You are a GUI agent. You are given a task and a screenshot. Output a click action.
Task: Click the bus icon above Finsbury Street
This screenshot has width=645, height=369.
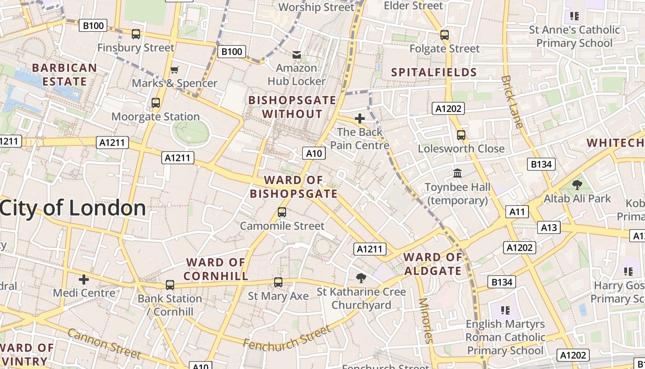[136, 34]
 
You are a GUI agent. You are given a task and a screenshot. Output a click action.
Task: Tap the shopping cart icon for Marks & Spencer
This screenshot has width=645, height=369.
[174, 70]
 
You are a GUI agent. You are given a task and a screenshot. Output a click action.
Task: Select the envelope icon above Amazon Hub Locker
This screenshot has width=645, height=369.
[297, 55]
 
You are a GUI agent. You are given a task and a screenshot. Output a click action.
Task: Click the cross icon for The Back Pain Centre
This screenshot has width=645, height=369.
[359, 119]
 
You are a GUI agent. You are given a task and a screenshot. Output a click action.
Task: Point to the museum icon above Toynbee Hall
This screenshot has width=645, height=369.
[457, 173]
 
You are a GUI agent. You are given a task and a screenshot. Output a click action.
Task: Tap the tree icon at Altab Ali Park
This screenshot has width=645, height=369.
[577, 185]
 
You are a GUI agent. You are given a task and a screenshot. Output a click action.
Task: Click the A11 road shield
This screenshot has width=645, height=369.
[517, 212]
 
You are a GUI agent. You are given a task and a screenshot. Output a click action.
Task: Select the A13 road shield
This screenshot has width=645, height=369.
[549, 227]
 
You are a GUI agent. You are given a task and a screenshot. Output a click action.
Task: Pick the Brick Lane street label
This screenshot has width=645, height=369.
[512, 101]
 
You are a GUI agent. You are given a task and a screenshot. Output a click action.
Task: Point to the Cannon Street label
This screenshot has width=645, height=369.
[104, 343]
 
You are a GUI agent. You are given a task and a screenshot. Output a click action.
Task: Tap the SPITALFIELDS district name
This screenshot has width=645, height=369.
[434, 72]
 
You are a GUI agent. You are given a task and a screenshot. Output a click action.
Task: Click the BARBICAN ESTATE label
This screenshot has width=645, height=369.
[64, 75]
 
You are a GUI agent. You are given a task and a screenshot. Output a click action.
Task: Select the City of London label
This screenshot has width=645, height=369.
[73, 208]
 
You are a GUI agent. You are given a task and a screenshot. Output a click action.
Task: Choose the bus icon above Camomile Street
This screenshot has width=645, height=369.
[282, 212]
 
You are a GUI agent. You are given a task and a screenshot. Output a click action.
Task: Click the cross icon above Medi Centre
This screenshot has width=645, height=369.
[83, 279]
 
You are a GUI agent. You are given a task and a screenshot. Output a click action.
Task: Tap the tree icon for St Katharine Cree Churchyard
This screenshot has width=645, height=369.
[361, 278]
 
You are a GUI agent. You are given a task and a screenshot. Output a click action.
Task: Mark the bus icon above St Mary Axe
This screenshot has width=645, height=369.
[278, 282]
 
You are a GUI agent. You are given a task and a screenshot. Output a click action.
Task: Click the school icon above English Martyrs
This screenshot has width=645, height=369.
[505, 310]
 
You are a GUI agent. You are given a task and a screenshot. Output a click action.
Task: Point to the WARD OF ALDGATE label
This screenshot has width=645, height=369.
[433, 264]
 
